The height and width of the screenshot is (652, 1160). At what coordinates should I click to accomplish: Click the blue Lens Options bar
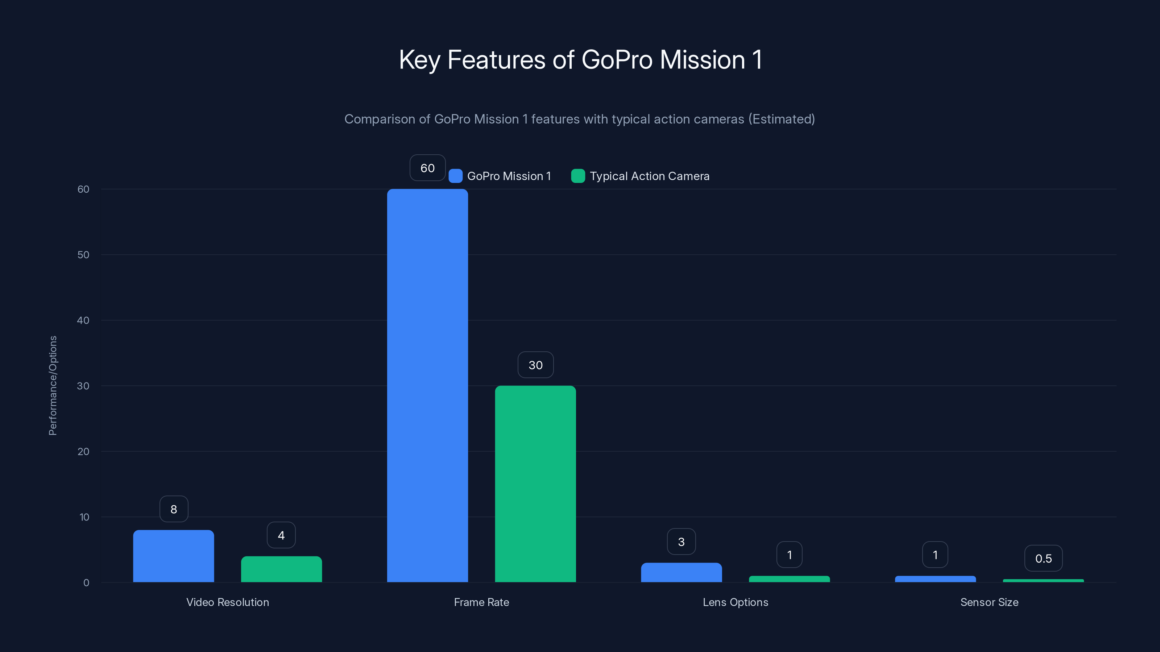tap(681, 572)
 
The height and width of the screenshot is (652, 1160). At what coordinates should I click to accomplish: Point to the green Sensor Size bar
tap(1043, 580)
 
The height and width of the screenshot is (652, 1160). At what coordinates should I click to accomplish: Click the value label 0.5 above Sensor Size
tap(1043, 559)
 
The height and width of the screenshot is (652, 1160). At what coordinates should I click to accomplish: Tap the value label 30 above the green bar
tap(535, 365)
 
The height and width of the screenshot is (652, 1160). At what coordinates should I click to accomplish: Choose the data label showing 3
tap(681, 542)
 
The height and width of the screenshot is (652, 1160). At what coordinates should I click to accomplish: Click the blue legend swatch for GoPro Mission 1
tap(456, 176)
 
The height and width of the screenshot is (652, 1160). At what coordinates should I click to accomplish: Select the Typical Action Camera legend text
tap(649, 176)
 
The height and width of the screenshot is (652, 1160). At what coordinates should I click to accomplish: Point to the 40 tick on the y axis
tap(83, 320)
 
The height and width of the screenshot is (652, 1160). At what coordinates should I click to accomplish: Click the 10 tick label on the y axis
tap(84, 517)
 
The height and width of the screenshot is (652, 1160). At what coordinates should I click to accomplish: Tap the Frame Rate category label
tap(481, 602)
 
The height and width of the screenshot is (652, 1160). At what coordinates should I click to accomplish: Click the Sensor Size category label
tap(989, 602)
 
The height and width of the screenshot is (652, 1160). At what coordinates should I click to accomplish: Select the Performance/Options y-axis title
tap(53, 386)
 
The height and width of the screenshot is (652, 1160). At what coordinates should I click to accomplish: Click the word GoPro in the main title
tap(617, 60)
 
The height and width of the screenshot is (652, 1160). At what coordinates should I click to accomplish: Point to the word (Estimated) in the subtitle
tap(782, 119)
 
